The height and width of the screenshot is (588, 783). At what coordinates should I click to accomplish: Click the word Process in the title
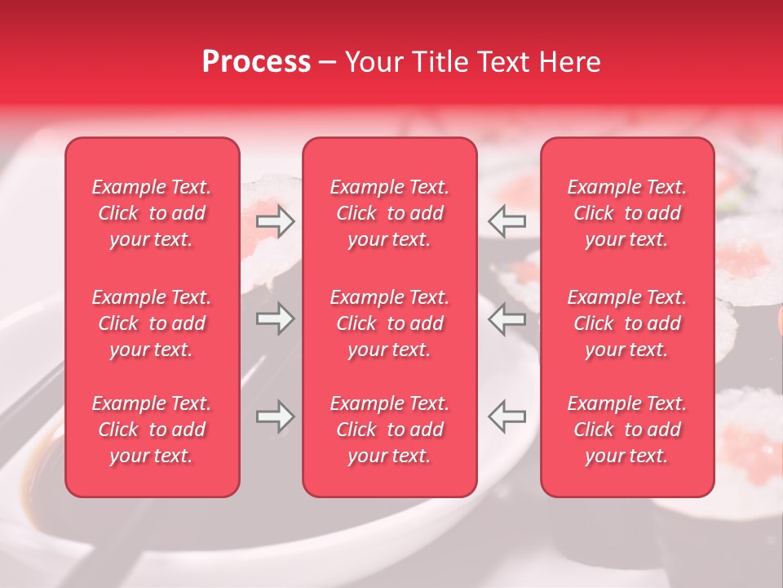(x=256, y=62)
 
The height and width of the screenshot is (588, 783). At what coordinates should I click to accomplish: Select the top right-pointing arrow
(x=276, y=221)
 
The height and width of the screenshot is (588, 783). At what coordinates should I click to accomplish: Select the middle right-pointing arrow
(x=276, y=318)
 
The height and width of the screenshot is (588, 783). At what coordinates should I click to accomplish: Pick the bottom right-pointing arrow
(x=276, y=416)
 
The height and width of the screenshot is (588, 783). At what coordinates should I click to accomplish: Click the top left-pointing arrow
(x=507, y=221)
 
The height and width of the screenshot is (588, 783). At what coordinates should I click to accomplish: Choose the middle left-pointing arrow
(x=507, y=318)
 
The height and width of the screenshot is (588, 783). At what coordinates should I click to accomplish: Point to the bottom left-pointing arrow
(x=507, y=416)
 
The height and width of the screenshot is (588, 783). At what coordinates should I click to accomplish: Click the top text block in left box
(x=152, y=213)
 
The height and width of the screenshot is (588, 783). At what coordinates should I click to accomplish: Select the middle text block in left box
(x=152, y=323)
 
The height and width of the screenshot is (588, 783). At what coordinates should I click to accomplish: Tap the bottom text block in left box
(x=152, y=430)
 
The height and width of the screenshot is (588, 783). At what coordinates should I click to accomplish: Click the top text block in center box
(x=390, y=213)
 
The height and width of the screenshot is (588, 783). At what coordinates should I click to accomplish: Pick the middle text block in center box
(x=390, y=323)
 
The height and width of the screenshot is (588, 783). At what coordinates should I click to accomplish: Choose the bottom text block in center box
(x=390, y=430)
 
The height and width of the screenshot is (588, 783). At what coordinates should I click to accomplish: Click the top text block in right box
(x=627, y=213)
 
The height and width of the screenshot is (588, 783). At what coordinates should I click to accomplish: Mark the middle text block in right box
(x=627, y=323)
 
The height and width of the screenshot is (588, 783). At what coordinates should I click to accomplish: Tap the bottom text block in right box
(x=627, y=430)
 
